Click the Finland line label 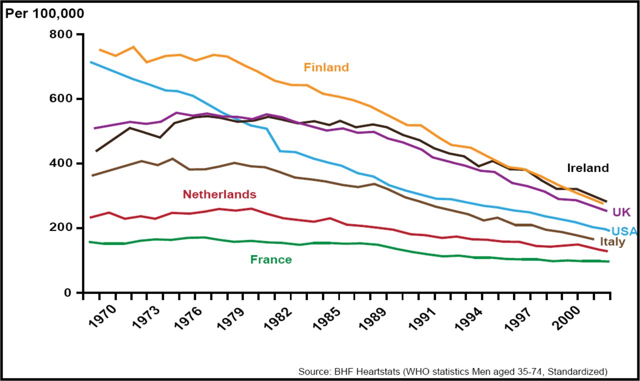(326, 67)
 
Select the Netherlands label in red (219, 194)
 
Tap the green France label (270, 259)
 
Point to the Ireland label (587, 168)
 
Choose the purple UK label (621, 212)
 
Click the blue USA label (624, 231)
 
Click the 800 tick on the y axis (61, 34)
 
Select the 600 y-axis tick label (61, 99)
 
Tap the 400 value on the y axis (61, 163)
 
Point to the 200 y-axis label (61, 228)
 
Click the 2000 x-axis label (565, 318)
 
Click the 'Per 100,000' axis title (44, 13)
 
